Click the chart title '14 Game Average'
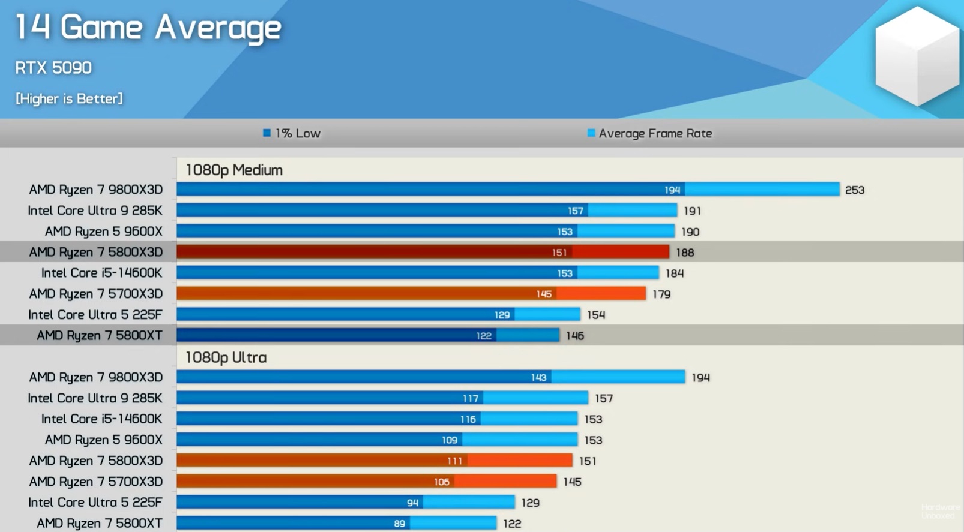tap(148, 28)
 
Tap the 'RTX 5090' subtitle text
tap(53, 68)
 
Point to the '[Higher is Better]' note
tap(69, 98)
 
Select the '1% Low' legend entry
tap(292, 133)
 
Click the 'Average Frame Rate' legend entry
tap(650, 133)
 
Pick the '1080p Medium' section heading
tap(234, 170)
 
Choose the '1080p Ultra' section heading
tap(226, 357)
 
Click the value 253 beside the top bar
tap(854, 190)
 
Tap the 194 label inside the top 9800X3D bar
tap(672, 190)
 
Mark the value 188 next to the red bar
tap(685, 253)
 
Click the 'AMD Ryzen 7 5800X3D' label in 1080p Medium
tap(96, 253)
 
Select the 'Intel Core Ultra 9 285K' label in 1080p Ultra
tap(95, 398)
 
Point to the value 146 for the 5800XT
tap(574, 336)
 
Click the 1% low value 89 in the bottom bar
tap(399, 524)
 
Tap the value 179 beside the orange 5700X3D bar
tap(661, 294)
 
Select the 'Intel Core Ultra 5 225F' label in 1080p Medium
tap(95, 315)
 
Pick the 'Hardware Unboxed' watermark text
tap(940, 512)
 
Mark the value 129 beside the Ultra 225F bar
tap(530, 503)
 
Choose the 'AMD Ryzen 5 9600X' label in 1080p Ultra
tap(103, 440)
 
